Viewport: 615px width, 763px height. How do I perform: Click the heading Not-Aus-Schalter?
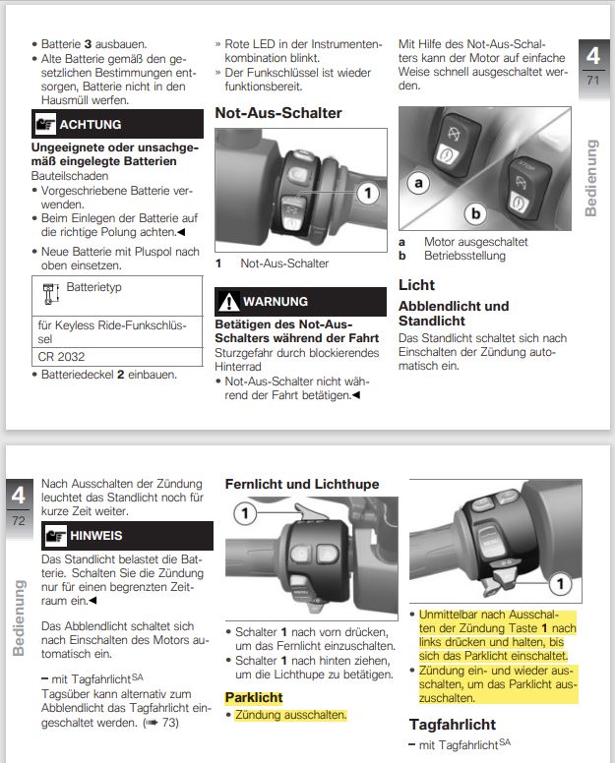278,113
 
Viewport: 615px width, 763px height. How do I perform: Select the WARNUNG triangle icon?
229,302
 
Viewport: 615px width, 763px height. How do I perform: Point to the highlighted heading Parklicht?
254,697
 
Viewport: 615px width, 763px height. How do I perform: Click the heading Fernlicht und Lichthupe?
301,484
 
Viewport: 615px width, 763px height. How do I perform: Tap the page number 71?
592,80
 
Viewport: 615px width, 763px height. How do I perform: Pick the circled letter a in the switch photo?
419,183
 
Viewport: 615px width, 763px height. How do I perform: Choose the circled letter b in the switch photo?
476,211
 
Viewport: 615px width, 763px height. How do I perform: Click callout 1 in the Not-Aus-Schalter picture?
366,194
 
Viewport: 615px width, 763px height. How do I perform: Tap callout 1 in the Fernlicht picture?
246,512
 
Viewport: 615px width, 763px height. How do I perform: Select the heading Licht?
416,285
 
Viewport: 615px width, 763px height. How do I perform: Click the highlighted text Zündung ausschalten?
289,715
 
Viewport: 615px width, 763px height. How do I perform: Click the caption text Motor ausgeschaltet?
475,242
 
